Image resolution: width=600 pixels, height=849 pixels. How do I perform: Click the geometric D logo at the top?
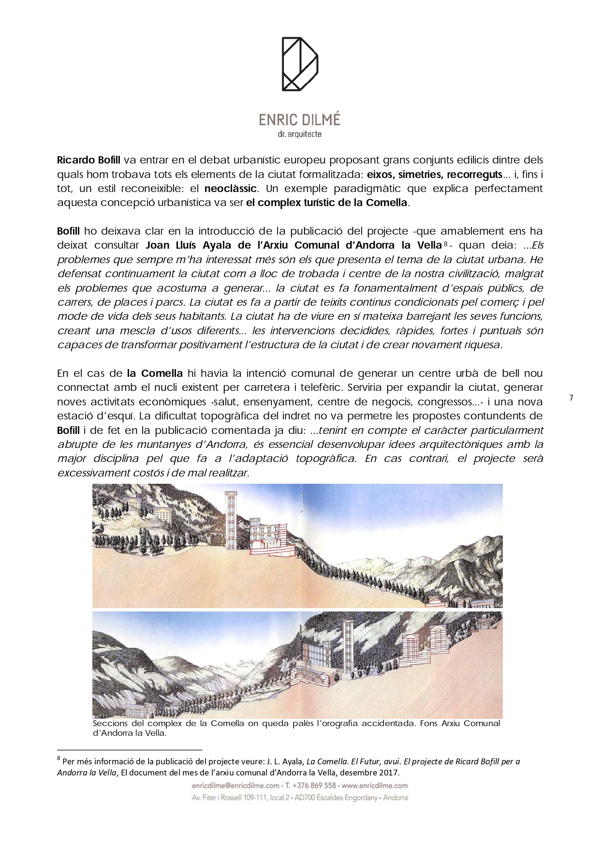tap(300, 64)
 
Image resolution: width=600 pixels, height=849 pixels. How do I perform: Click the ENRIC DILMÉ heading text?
tap(300, 119)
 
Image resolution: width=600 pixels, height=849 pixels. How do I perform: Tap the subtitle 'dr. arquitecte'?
tap(300, 134)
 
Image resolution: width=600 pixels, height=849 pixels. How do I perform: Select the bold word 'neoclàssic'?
tap(230, 188)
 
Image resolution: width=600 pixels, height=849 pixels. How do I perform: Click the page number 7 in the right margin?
tap(571, 398)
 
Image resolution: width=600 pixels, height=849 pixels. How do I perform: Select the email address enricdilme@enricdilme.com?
tap(235, 786)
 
